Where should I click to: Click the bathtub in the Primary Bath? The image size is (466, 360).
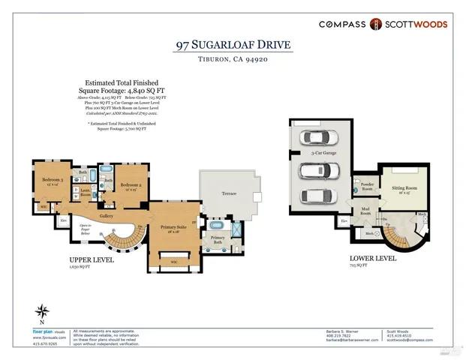coord(218,225)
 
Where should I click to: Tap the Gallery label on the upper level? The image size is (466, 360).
coord(106,214)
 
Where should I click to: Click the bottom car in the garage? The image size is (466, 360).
coord(315,196)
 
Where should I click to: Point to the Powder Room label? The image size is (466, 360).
coord(368,184)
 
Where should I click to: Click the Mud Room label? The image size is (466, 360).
coord(366,211)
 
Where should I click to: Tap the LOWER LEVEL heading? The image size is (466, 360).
coord(371,258)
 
